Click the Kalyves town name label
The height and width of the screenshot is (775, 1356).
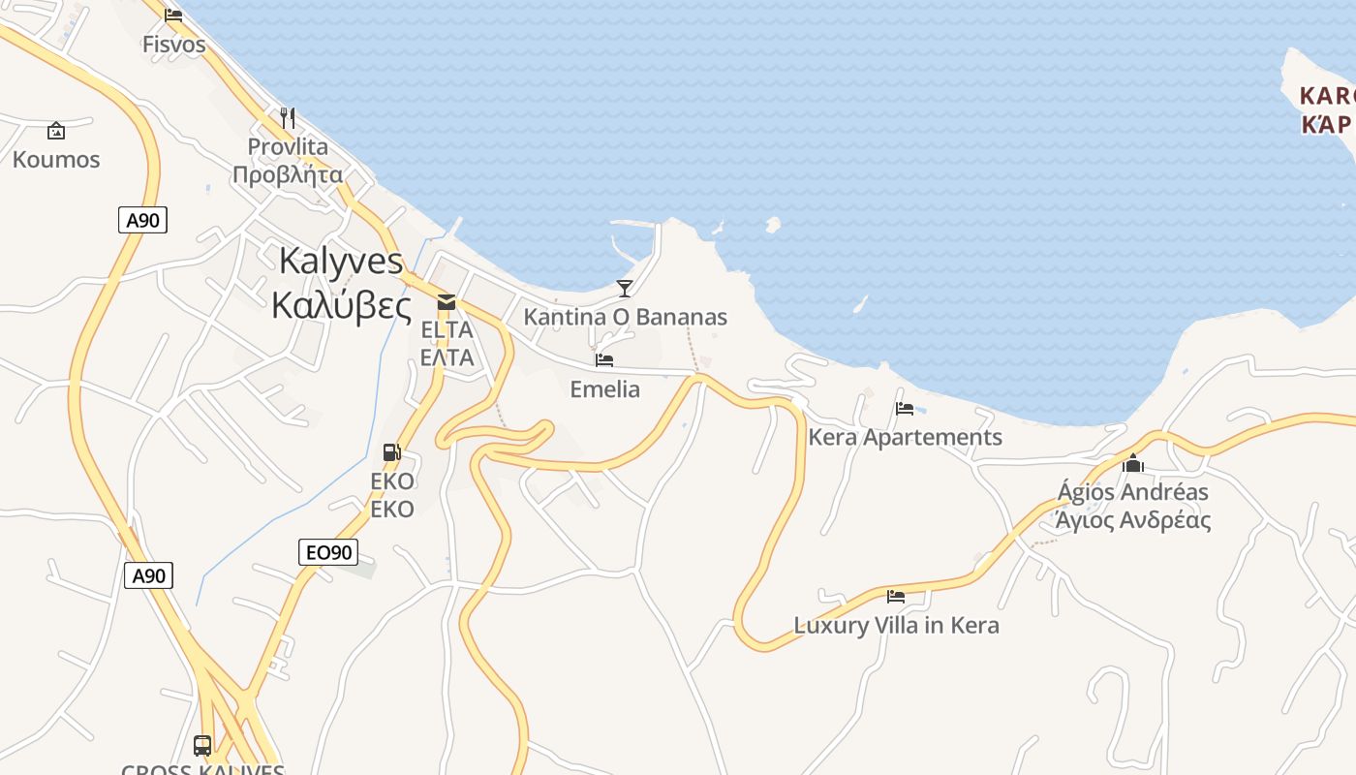[x=340, y=282]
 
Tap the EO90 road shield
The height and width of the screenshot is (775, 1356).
[x=328, y=553]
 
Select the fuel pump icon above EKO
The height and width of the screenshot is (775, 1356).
[x=392, y=451]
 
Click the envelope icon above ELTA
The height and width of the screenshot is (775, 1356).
[x=447, y=302]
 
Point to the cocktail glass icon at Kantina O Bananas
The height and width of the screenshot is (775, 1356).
[x=625, y=288]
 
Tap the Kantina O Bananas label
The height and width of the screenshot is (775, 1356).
[x=625, y=317]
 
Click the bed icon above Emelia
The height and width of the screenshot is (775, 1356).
[x=604, y=360]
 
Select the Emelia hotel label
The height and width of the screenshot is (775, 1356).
[x=604, y=389]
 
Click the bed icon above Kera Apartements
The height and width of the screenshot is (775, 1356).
[x=905, y=408]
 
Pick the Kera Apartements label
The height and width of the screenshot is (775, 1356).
[x=905, y=437]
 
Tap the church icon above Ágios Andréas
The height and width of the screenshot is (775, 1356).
[x=1133, y=463]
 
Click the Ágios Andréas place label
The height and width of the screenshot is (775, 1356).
[x=1133, y=506]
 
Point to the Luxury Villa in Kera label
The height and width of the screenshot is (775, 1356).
[x=896, y=625]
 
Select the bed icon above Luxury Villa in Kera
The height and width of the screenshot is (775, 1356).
[x=896, y=596]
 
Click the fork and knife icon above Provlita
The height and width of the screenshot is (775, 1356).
[x=288, y=118]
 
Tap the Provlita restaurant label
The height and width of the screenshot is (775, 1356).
[x=288, y=161]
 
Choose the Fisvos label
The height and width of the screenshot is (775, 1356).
[x=174, y=45]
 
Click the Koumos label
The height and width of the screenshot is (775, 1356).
[x=56, y=160]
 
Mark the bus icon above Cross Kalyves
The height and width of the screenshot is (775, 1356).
[x=202, y=745]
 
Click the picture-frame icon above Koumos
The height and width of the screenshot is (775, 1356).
[x=56, y=131]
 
